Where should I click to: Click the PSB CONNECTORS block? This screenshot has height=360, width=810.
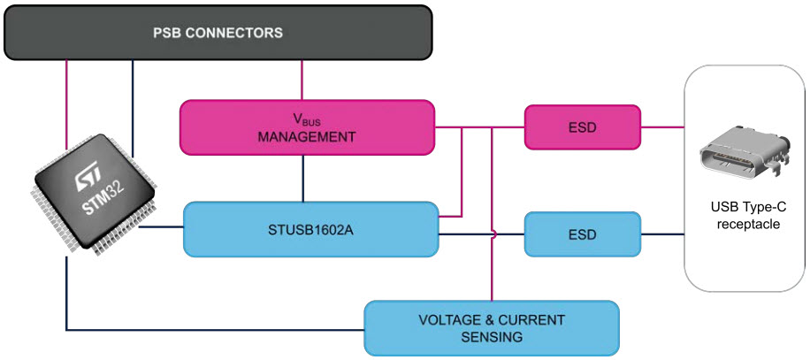[218, 34]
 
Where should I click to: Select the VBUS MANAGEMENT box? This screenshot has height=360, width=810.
[306, 127]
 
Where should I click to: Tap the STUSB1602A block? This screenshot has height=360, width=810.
[310, 229]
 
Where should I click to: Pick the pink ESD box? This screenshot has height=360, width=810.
[582, 127]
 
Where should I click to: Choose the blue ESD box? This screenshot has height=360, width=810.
[582, 234]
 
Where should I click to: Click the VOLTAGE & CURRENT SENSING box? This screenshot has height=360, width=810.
[492, 328]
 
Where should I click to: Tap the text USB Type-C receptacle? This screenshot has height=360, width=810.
[748, 216]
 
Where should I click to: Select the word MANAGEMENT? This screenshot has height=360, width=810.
[306, 137]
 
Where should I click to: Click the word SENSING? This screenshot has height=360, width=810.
[492, 337]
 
